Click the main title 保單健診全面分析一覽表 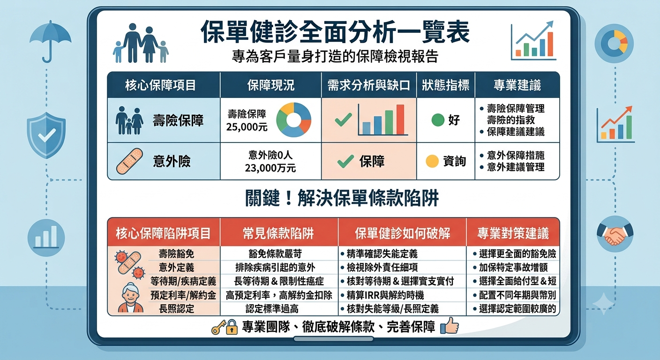coord(335,32)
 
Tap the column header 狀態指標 coord(445,85)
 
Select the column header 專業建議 coord(517,85)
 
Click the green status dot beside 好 coord(437,120)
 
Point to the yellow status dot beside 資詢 coord(432,161)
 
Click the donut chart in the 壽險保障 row coord(293,120)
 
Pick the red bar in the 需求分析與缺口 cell coord(400,120)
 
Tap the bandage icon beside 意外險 coord(129,161)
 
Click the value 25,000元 coord(247,127)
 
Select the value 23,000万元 coord(270,168)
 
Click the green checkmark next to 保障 coord(345,161)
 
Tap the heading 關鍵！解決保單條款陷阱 coord(342,198)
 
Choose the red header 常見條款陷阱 coord(278,233)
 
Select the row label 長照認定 coord(177,309)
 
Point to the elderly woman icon coord(130,298)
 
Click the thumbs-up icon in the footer coord(450,325)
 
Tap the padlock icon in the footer coord(232,327)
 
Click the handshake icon coord(615,234)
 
